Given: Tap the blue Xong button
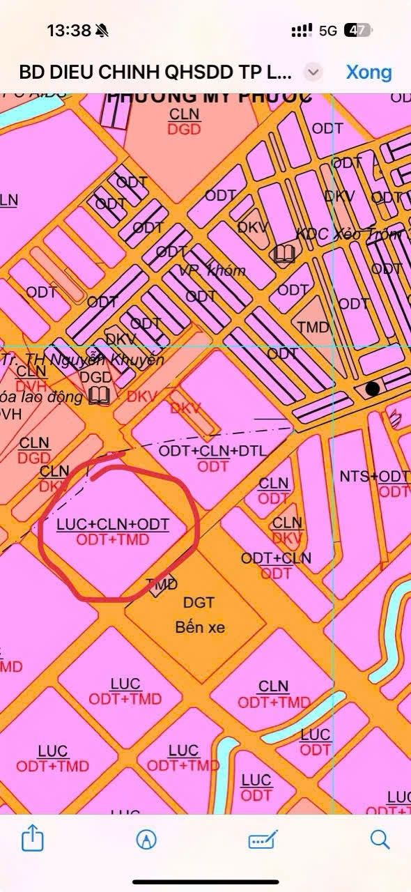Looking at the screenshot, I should coord(369,72).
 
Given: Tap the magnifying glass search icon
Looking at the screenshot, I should coord(380,838).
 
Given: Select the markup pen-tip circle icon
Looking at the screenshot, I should coord(146,839).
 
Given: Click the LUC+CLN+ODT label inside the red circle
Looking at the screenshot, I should coord(113,523).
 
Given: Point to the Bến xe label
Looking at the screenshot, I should coord(200,627).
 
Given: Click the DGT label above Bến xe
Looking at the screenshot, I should coord(199,602).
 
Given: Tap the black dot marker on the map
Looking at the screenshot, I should coord(373,388).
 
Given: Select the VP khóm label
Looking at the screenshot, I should coord(212,270).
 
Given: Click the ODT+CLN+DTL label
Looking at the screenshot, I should coord(212,451).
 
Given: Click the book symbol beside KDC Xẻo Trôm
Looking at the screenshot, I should coord(284,255).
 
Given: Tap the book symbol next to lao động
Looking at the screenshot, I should coord(101,397).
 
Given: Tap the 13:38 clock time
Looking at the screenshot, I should coord(69,31).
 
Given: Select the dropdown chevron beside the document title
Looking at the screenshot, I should coord(314,72).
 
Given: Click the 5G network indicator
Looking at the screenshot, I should coord(328,31).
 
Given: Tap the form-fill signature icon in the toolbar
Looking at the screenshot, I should coord(263,839).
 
